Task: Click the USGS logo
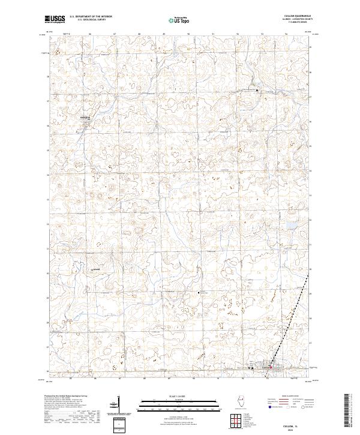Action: [54, 19]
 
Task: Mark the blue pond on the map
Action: [287, 226]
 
